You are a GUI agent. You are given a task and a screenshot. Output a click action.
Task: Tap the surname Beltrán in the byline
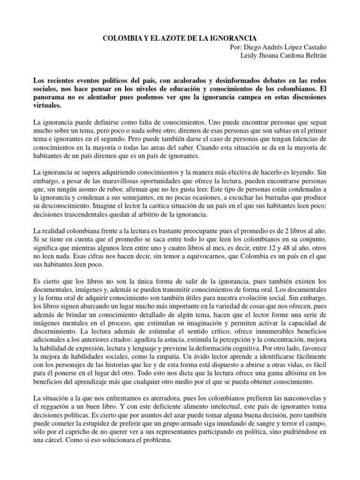(x=325, y=56)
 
